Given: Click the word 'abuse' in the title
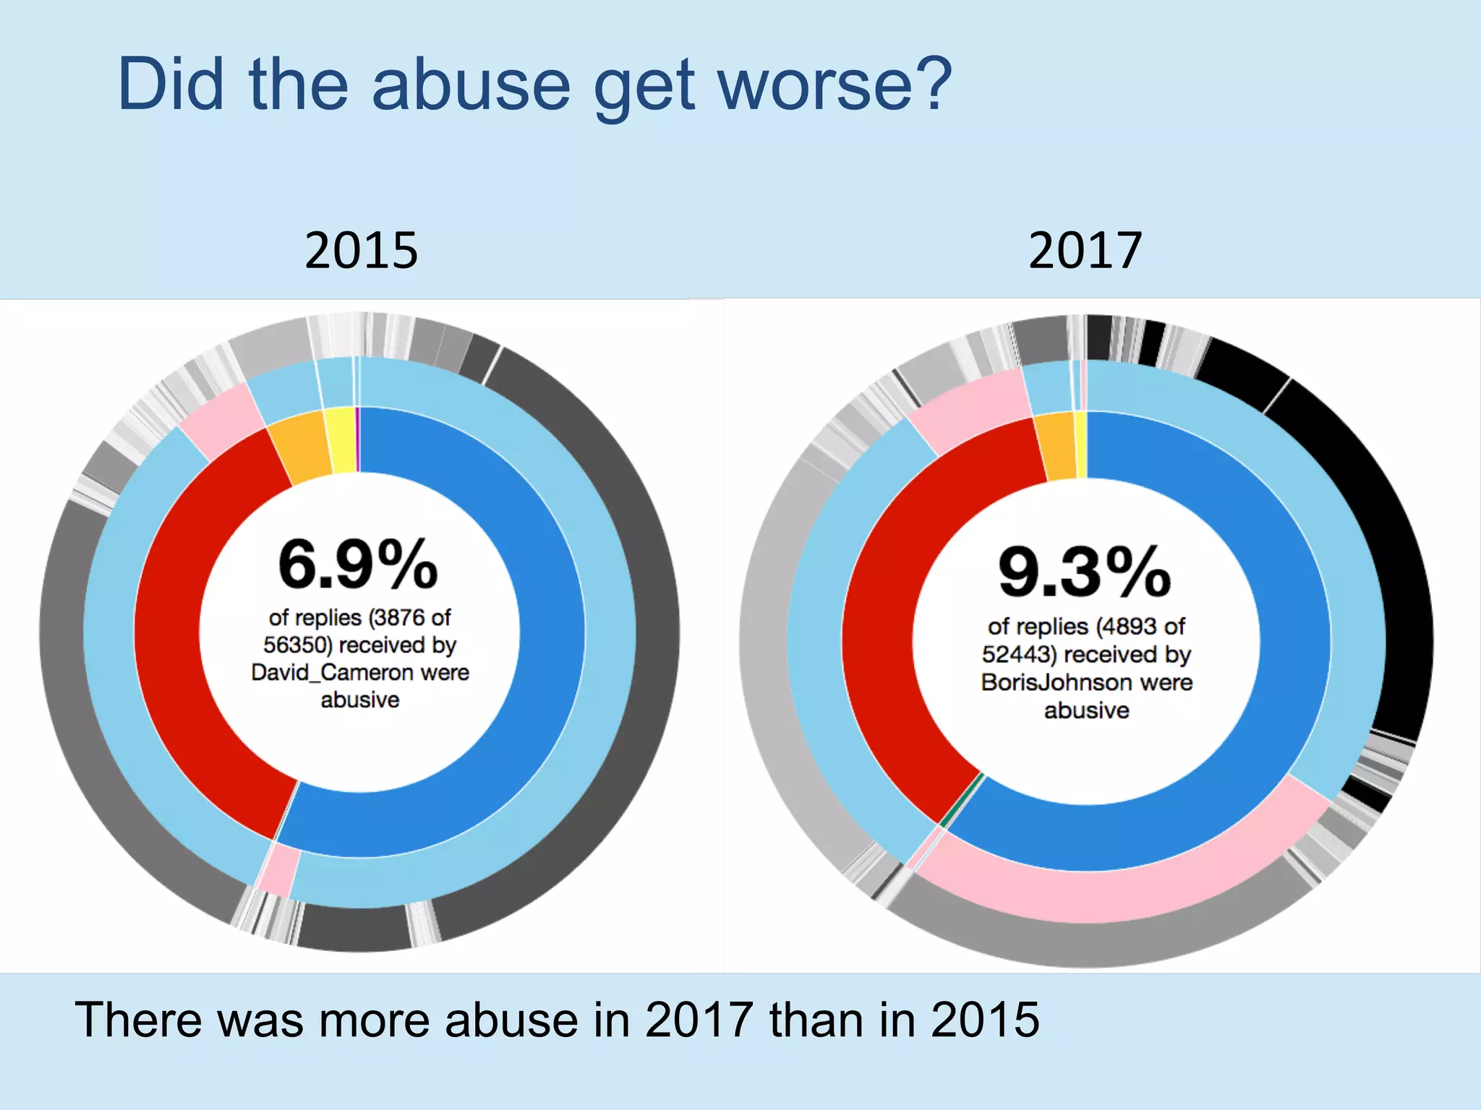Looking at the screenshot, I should coord(471,85).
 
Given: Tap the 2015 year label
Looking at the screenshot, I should coord(361,251).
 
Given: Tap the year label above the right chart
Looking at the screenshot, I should coord(1085,251).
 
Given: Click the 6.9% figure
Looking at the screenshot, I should coord(358,565).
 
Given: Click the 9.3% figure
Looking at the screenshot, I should coord(1084,573).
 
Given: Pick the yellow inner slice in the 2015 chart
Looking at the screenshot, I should coord(340,440).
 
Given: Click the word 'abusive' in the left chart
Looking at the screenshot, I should coord(359,700).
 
